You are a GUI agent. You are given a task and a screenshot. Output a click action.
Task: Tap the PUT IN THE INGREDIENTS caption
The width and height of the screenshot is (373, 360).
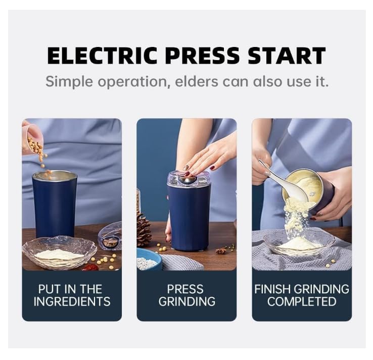72,295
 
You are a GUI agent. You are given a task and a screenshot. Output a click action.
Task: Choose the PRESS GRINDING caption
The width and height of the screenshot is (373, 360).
186,295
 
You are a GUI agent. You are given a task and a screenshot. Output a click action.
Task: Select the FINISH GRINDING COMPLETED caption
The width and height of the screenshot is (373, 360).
302,295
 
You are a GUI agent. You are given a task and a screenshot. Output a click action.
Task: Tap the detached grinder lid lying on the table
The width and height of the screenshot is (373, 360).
110,237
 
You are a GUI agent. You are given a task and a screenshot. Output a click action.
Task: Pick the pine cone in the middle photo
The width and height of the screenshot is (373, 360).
143,229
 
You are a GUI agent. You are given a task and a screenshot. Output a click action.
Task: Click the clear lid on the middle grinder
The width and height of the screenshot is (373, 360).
189,179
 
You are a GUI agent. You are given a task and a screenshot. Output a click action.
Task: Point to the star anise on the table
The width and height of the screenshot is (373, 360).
221,250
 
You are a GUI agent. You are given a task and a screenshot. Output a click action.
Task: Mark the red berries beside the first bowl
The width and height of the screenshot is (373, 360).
90,267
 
